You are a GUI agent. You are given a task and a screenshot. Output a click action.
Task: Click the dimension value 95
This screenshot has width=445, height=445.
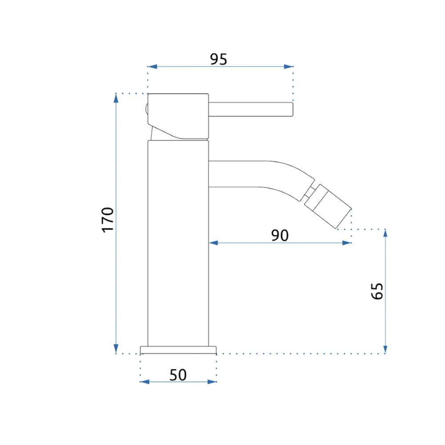pyautogui.click(x=218, y=59)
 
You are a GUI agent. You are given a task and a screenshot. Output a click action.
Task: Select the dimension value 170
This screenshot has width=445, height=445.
pyautogui.click(x=108, y=220)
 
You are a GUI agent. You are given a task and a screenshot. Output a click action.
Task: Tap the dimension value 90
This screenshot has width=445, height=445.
pyautogui.click(x=280, y=235)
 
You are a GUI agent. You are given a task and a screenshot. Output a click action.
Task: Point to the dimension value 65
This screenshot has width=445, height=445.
pyautogui.click(x=377, y=291)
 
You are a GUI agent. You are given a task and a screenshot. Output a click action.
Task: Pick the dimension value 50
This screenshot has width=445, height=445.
pyautogui.click(x=178, y=375)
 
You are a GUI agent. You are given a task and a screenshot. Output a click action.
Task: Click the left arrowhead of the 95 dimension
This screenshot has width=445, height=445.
pyautogui.click(x=152, y=67)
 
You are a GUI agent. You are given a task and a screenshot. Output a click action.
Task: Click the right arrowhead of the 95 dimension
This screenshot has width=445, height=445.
pyautogui.click(x=288, y=67)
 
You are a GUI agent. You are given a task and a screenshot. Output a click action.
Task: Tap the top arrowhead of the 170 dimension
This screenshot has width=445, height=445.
pyautogui.click(x=116, y=98)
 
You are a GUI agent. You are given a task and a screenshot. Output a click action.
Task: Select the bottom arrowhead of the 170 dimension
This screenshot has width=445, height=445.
pyautogui.click(x=116, y=348)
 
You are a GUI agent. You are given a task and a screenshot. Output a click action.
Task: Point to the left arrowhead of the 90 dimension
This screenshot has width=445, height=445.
pyautogui.click(x=214, y=243)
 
